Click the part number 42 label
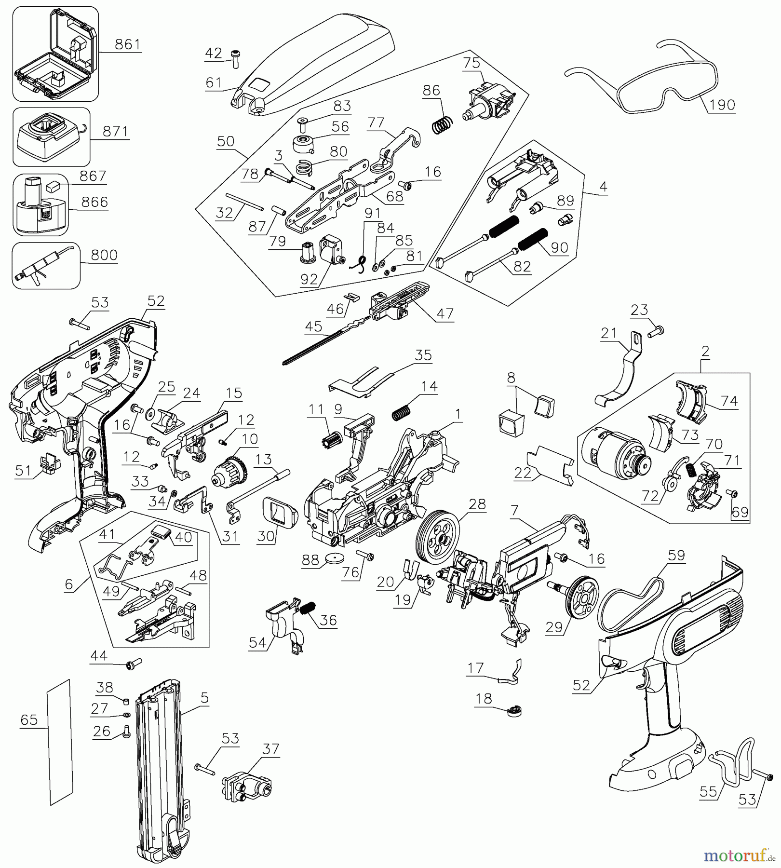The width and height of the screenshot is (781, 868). (214, 53)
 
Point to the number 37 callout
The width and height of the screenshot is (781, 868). (271, 749)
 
